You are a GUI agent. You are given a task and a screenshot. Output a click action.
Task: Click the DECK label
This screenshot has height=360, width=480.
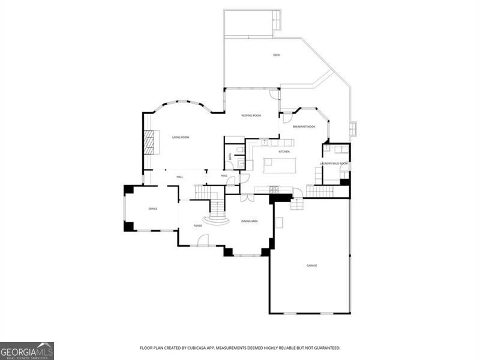pyautogui.click(x=277, y=55)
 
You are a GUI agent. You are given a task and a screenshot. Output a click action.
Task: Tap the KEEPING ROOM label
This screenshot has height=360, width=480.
pyautogui.click(x=251, y=115)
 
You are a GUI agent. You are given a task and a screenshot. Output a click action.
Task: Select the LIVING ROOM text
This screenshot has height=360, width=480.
pyautogui.click(x=181, y=137)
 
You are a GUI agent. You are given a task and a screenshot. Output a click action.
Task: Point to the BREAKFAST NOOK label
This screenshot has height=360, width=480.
pyautogui.click(x=304, y=127)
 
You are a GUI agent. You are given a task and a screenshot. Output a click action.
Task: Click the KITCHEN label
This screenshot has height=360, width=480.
pyautogui.click(x=284, y=151)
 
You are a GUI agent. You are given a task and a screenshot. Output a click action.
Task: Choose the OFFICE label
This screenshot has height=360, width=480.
pyautogui.click(x=152, y=208)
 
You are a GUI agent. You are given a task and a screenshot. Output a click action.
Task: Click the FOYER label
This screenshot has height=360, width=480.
pyautogui.click(x=197, y=226)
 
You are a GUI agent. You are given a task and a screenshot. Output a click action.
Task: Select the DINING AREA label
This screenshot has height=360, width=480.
pyautogui.click(x=250, y=221)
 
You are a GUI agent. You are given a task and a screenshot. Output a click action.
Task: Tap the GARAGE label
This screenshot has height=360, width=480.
pyautogui.click(x=312, y=265)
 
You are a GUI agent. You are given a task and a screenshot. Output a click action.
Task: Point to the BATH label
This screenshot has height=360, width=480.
pyautogui.click(x=229, y=157)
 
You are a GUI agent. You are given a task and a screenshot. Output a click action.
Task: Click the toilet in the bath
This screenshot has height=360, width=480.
pyautogui.click(x=239, y=149)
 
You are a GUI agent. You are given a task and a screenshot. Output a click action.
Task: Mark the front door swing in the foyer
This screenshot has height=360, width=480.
pyautogui.click(x=203, y=240)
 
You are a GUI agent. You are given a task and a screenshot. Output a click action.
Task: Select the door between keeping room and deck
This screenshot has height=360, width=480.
pyautogui.click(x=274, y=94)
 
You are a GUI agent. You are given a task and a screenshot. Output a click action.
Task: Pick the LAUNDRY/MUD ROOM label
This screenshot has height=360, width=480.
pyautogui.click(x=334, y=163)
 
